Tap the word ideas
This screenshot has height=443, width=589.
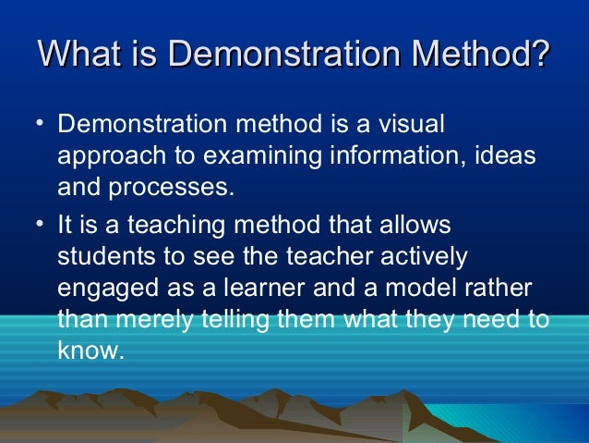504,155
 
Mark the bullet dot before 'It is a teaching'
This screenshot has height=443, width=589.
40,225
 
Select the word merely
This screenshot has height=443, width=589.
153,319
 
